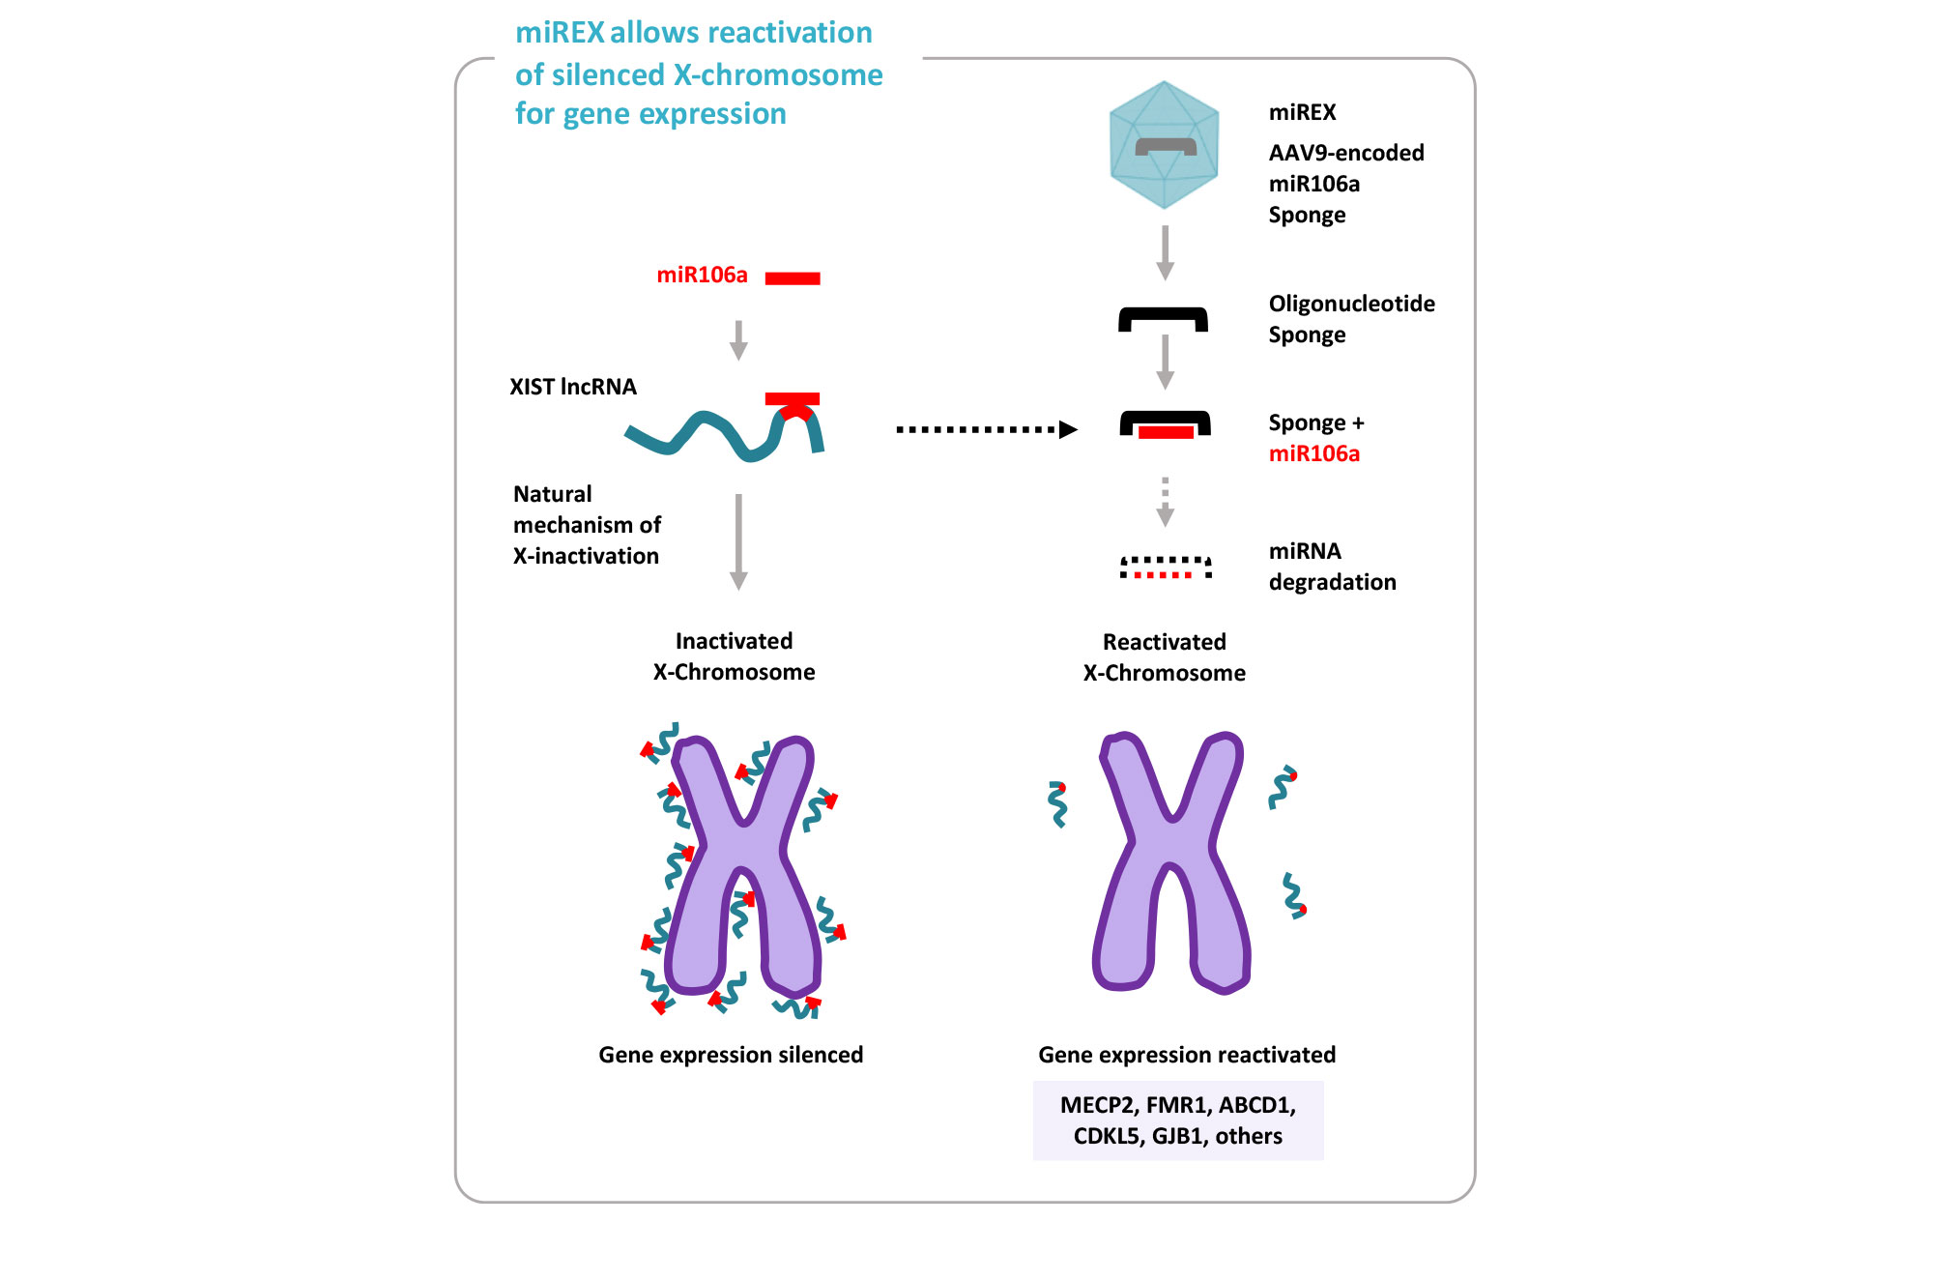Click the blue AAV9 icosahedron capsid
click(x=1164, y=145)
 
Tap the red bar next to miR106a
click(x=793, y=278)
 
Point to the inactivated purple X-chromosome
click(x=743, y=870)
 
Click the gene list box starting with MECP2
click(x=1178, y=1120)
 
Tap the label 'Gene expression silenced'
click(x=731, y=1055)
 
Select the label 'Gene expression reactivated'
click(x=1187, y=1055)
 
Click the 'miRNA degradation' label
click(x=1332, y=567)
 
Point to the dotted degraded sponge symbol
click(x=1166, y=567)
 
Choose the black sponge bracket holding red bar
click(x=1166, y=424)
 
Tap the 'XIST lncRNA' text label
click(x=573, y=387)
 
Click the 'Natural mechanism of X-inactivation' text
click(x=587, y=525)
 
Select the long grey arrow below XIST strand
click(x=738, y=541)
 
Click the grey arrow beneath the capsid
click(x=1166, y=251)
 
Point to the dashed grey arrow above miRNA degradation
click(x=1166, y=501)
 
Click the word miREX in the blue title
click(x=560, y=33)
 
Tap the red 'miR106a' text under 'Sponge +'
click(x=1313, y=453)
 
